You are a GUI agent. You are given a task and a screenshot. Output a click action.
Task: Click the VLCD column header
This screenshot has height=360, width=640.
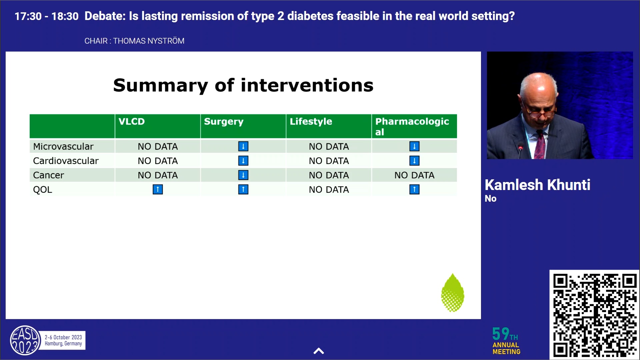pyautogui.click(x=132, y=122)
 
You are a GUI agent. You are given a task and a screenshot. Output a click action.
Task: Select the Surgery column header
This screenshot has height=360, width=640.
pyautogui.click(x=224, y=122)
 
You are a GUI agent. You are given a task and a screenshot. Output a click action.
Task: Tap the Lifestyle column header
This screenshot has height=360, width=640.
pyautogui.click(x=311, y=122)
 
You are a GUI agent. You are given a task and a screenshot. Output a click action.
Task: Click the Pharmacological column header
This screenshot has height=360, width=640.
pyautogui.click(x=412, y=126)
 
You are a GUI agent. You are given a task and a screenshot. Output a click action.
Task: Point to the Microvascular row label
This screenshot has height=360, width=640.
pyautogui.click(x=63, y=147)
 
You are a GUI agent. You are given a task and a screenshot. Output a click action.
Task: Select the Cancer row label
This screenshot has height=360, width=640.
pyautogui.click(x=49, y=175)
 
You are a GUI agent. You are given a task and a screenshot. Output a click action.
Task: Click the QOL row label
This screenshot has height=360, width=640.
pyautogui.click(x=43, y=190)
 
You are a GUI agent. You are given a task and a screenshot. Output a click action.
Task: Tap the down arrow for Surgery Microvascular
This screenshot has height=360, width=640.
pyautogui.click(x=243, y=146)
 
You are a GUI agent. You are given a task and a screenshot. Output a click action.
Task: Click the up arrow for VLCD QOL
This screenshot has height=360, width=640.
pyautogui.click(x=158, y=190)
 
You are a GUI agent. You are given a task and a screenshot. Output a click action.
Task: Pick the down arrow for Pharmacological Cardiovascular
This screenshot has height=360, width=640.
pyautogui.click(x=414, y=161)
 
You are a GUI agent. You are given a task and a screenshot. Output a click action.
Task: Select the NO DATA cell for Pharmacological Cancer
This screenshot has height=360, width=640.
pyautogui.click(x=414, y=175)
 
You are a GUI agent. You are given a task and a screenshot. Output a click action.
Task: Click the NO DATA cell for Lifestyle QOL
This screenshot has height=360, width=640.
pyautogui.click(x=329, y=190)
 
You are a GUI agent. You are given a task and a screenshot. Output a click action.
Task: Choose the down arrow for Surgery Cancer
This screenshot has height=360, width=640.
pyautogui.click(x=243, y=175)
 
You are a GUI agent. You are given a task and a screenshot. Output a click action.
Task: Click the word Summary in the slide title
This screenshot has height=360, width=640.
pyautogui.click(x=160, y=85)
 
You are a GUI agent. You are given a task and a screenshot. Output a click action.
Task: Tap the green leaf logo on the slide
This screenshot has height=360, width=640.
pyautogui.click(x=452, y=293)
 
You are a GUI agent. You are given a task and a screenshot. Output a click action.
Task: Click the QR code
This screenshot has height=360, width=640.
pyautogui.click(x=594, y=315)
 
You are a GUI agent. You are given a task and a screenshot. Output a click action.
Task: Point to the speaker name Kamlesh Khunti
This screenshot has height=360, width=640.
pyautogui.click(x=537, y=185)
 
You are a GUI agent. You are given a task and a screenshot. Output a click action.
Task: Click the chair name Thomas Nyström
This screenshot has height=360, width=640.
pyautogui.click(x=149, y=41)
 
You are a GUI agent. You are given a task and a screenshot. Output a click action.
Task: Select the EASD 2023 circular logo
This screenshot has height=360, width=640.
pyautogui.click(x=25, y=340)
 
